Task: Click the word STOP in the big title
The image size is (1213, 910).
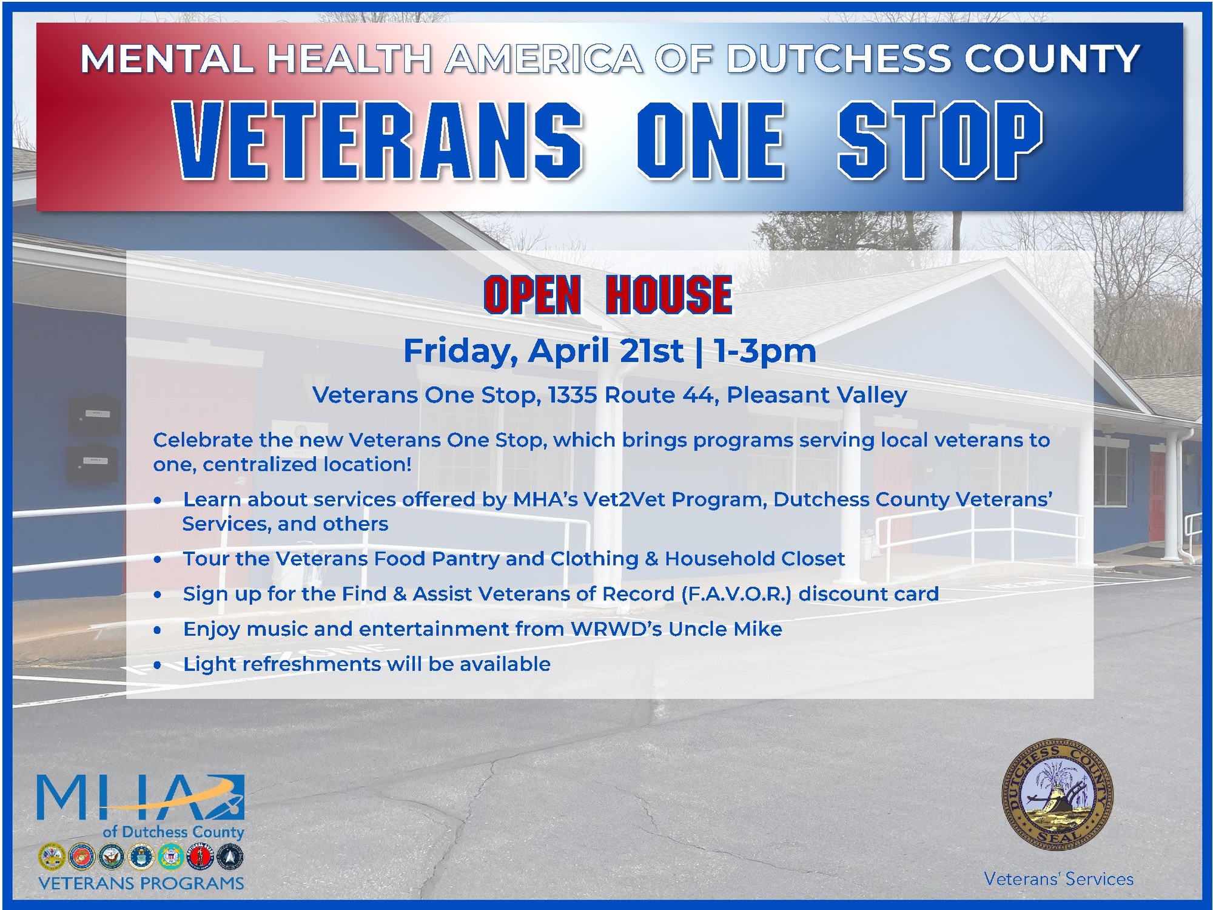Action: (939, 140)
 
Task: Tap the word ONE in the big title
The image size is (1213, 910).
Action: (711, 140)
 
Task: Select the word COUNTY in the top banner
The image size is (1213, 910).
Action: (1052, 59)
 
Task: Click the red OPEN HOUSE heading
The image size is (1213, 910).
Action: (608, 295)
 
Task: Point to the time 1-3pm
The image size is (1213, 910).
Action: (765, 351)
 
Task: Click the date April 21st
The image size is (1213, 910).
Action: (605, 351)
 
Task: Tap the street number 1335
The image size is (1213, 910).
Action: (573, 395)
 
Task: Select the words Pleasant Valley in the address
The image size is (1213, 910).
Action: (816, 395)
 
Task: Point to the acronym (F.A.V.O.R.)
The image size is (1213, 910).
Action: (736, 593)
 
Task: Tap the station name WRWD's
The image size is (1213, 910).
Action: (616, 629)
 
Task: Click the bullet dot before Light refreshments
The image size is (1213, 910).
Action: (158, 666)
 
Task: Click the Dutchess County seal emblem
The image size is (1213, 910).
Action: (1057, 794)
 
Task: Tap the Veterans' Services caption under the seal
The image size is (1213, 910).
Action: (1058, 879)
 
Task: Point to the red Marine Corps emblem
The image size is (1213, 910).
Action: (81, 857)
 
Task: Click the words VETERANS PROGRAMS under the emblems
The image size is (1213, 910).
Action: (141, 883)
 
